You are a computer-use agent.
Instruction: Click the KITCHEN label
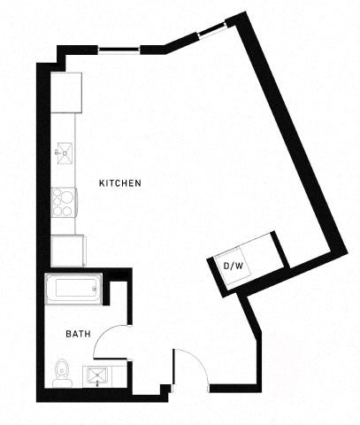(119, 182)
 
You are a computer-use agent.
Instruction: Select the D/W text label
(232, 264)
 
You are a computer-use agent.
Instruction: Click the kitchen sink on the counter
(64, 152)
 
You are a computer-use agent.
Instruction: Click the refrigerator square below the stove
(68, 250)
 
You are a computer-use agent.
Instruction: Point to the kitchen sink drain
(64, 152)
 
